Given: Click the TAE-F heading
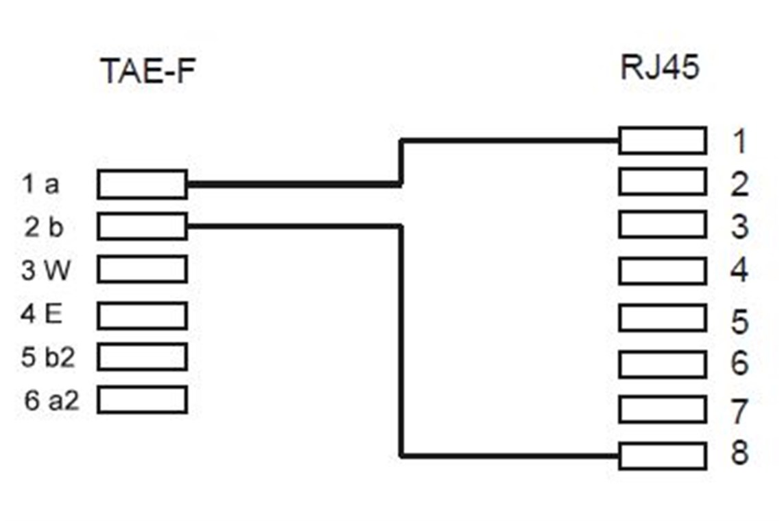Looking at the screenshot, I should (143, 71).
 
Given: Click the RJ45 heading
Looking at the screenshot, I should (659, 68).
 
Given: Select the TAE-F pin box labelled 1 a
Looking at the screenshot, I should (142, 185).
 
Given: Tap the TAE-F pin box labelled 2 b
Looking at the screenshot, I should (142, 226).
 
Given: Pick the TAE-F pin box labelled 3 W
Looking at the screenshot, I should (142, 269).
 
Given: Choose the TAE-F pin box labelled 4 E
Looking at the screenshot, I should (142, 315).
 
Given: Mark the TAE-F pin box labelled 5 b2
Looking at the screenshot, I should (142, 356).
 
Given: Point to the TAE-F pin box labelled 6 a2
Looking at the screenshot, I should (142, 399).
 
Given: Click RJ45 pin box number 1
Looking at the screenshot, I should (662, 140).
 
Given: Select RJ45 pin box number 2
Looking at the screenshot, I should (662, 183).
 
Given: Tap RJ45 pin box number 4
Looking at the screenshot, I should (662, 271).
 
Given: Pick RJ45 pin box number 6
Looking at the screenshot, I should (662, 364).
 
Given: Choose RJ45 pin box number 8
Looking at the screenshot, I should (662, 456).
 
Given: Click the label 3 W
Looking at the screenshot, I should (45, 271).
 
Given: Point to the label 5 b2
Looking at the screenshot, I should (47, 357).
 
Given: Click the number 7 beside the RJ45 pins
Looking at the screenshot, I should (739, 411).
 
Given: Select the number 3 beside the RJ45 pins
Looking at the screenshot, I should (739, 227).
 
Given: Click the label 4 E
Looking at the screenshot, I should (42, 315).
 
